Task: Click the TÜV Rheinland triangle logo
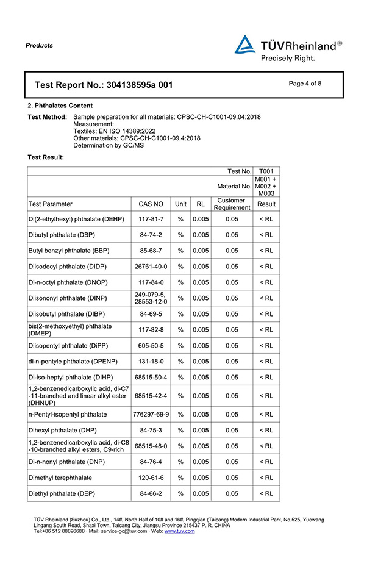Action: click(x=245, y=45)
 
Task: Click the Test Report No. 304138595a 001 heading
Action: click(x=104, y=85)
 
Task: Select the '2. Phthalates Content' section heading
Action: click(x=60, y=106)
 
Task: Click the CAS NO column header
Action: click(x=151, y=204)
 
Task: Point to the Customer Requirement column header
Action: click(x=232, y=204)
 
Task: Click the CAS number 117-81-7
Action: click(x=151, y=219)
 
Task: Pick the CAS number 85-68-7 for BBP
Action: click(x=151, y=251)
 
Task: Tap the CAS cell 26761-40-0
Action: click(x=151, y=267)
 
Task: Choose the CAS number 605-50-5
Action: click(x=151, y=346)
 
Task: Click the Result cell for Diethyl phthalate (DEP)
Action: click(x=266, y=493)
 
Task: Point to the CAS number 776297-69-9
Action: click(x=151, y=414)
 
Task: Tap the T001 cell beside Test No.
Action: click(x=266, y=171)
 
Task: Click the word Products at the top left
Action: click(x=40, y=45)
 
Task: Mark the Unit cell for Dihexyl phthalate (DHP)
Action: click(x=180, y=430)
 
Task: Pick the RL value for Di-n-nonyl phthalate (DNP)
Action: click(x=201, y=462)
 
